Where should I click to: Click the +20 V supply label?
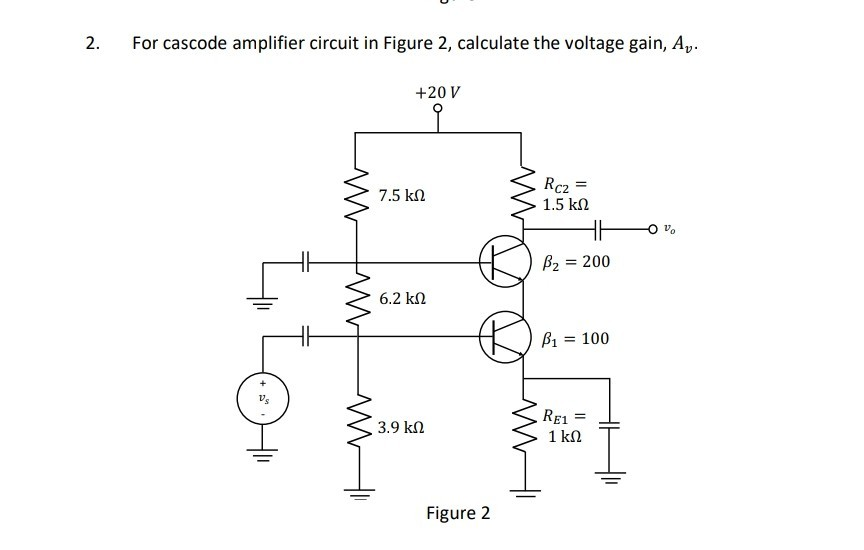[437, 92]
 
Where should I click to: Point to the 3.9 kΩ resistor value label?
[403, 428]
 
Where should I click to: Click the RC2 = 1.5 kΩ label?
[564, 193]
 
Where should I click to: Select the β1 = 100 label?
[574, 339]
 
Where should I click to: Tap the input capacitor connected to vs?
[306, 337]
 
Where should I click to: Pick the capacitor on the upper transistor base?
[306, 263]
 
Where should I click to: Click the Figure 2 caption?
[458, 514]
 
